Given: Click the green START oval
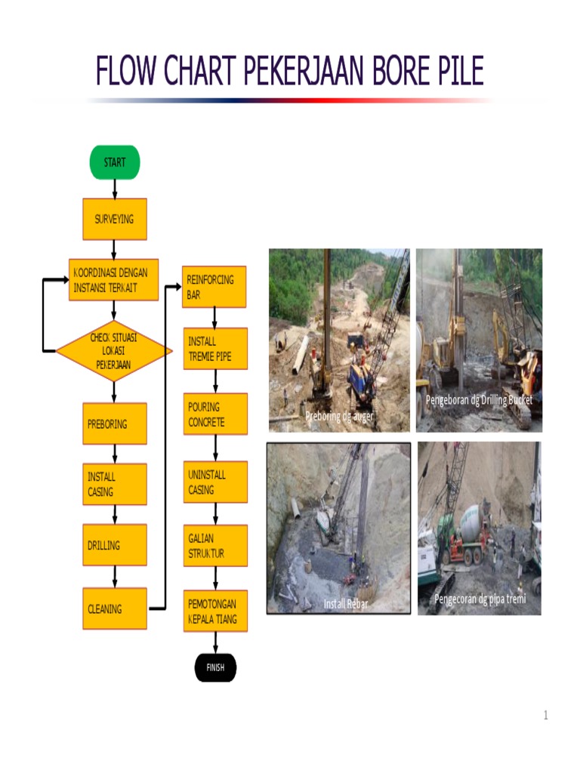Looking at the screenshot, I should (115, 162).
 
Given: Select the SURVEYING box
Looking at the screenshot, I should (115, 219).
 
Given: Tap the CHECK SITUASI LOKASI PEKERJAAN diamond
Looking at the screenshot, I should (114, 351).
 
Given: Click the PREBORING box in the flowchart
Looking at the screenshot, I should (115, 423).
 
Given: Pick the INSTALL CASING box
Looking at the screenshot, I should (115, 484).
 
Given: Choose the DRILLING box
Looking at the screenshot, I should (115, 545).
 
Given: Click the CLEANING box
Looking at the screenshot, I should (115, 608).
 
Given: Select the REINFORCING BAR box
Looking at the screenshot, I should (214, 287).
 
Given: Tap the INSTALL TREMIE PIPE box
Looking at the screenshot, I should (215, 349).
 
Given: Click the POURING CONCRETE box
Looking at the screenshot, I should (215, 414).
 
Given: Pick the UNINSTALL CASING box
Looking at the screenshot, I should (215, 482).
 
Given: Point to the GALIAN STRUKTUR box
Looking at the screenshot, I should (215, 546).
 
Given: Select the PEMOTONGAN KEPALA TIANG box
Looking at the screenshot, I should (215, 611).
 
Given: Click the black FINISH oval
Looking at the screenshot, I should (215, 667).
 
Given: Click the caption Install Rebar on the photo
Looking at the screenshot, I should (346, 604).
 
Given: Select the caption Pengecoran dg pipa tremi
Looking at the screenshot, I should (480, 599).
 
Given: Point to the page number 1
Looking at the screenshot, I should (545, 716).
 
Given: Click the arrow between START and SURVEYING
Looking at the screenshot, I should (115, 189).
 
